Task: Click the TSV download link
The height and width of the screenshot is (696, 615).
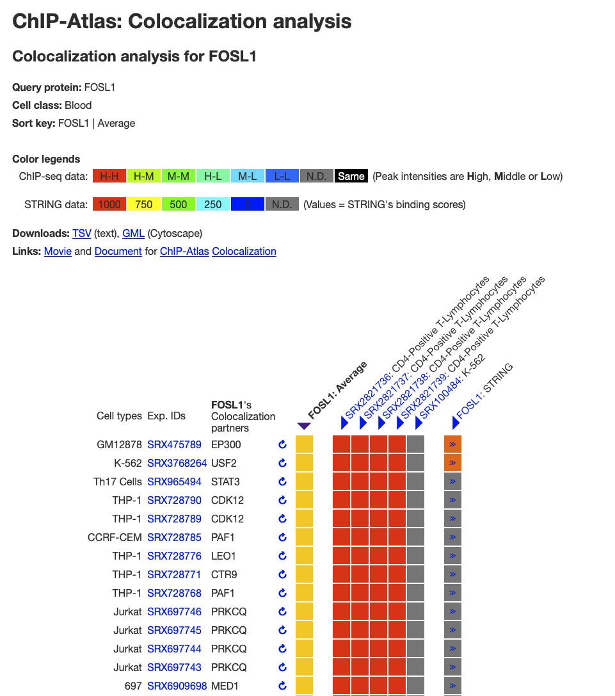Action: click(x=81, y=233)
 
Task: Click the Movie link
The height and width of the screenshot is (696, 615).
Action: click(x=58, y=251)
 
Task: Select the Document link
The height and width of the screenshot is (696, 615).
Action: click(x=118, y=251)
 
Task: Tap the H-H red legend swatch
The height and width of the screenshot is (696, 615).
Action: click(x=109, y=176)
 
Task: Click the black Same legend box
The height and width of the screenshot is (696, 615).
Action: click(x=351, y=176)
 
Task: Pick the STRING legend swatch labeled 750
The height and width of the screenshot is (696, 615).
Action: click(x=144, y=204)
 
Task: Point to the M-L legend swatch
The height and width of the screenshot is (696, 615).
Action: click(x=247, y=176)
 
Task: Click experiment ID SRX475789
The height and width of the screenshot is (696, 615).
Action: click(x=174, y=444)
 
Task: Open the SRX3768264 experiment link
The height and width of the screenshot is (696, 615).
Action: click(x=177, y=463)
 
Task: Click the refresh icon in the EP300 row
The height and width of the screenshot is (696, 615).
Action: click(x=282, y=444)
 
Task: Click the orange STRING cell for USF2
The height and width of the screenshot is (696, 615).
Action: click(x=452, y=463)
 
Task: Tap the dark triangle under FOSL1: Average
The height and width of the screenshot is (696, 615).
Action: click(x=304, y=426)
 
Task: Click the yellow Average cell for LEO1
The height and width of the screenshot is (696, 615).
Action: click(x=304, y=556)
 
